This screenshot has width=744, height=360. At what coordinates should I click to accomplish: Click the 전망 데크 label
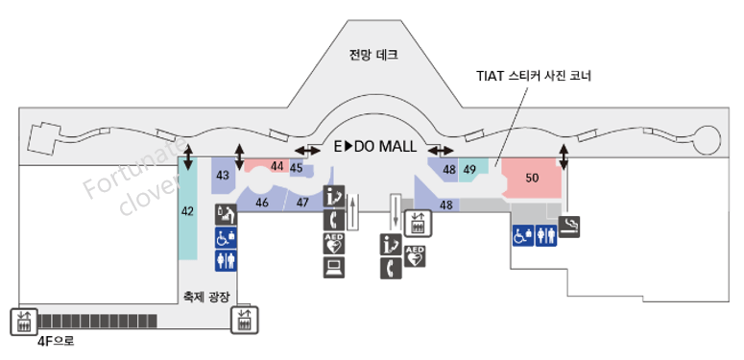coord(373,56)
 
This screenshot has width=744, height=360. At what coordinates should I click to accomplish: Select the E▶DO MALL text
coord(374,147)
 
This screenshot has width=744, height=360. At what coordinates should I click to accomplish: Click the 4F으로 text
coord(56,341)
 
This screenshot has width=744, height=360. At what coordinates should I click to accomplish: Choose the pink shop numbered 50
coord(532,178)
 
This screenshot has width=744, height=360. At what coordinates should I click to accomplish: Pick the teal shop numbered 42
coord(188,209)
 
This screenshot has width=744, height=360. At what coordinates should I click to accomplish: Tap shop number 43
coord(223,176)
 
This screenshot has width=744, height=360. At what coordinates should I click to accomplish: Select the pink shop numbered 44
coord(277,166)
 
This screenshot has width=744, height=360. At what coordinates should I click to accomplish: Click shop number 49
coord(470,170)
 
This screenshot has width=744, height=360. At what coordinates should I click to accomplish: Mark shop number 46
coord(262,203)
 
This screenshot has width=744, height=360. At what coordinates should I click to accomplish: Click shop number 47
coord(302,203)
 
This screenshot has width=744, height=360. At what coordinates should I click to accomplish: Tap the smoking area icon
coord(570,227)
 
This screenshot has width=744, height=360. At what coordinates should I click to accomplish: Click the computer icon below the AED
coord(333,267)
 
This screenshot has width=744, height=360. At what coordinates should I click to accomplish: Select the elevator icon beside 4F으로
coord(20,322)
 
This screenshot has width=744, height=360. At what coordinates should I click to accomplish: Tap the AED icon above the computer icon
coord(333,243)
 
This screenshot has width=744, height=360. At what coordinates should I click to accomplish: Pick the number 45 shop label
coord(297,168)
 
